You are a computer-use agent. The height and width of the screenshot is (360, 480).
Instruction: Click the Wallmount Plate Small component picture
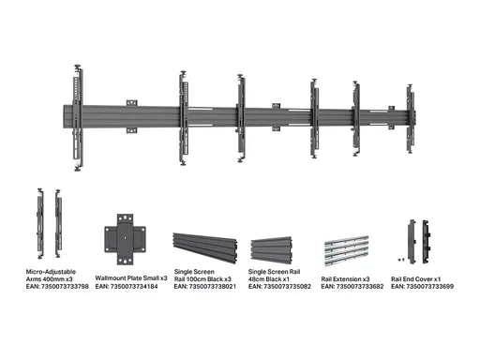(125, 239)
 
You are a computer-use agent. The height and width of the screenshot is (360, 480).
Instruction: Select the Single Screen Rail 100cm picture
(205, 247)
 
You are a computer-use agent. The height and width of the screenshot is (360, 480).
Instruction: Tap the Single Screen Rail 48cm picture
(271, 250)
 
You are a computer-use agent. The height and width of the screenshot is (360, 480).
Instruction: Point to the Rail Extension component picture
(347, 251)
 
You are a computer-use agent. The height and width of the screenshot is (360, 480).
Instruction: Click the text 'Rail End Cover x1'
(415, 279)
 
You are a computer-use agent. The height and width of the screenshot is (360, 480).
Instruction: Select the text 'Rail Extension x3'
(345, 279)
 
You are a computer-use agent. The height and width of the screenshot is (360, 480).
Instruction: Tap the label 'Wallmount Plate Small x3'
(131, 278)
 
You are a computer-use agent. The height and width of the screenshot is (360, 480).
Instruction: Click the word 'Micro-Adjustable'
(51, 272)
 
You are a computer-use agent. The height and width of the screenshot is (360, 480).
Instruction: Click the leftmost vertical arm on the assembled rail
(78, 118)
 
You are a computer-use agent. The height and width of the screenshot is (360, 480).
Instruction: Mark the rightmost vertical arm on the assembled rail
(411, 119)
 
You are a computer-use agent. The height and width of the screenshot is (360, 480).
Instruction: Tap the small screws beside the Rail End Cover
(401, 260)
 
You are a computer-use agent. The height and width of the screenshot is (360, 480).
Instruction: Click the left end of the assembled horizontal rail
(64, 116)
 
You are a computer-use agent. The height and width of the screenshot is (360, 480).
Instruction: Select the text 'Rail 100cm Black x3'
(202, 279)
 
